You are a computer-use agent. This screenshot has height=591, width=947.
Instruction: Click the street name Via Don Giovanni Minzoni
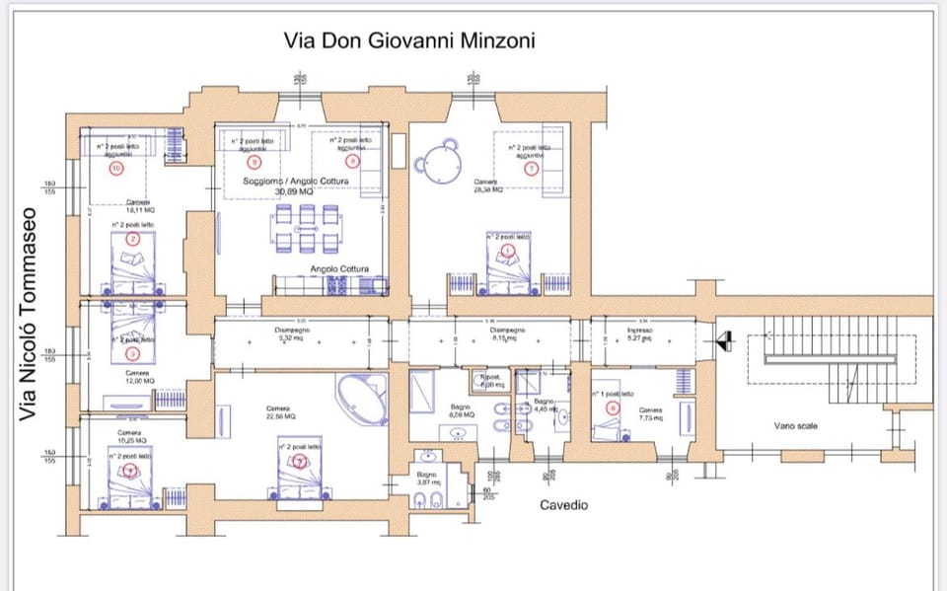click(x=409, y=41)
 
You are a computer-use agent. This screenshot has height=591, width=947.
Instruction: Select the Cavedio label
click(x=563, y=505)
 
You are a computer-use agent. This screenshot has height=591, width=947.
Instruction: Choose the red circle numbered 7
click(x=532, y=169)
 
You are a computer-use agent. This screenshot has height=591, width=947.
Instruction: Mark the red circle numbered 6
click(x=614, y=406)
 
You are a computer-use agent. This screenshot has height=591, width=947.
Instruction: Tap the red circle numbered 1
click(x=508, y=251)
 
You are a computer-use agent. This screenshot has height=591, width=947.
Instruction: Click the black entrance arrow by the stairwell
click(x=724, y=341)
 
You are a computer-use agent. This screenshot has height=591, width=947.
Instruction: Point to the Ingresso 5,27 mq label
click(x=640, y=334)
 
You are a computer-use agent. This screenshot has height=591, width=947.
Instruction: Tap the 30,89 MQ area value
click(x=297, y=191)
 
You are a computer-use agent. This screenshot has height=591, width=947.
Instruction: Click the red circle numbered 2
click(x=131, y=238)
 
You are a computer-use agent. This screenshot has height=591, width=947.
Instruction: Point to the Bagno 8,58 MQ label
click(x=462, y=411)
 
